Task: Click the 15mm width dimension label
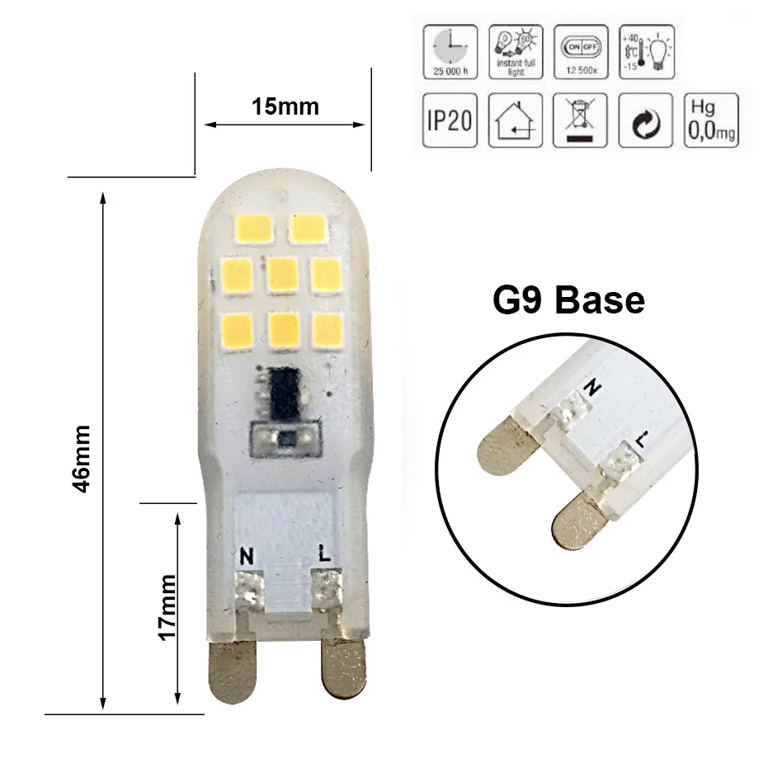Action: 285,106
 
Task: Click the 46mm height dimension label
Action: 82,459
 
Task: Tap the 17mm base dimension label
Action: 167,606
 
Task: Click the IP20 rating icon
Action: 450,120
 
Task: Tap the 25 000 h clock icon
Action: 450,52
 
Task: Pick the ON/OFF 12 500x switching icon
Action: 582,52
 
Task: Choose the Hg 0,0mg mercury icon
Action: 711,120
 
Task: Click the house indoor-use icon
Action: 515,120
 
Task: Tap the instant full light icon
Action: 515,52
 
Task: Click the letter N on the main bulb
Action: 246,556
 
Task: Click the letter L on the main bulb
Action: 324,555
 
